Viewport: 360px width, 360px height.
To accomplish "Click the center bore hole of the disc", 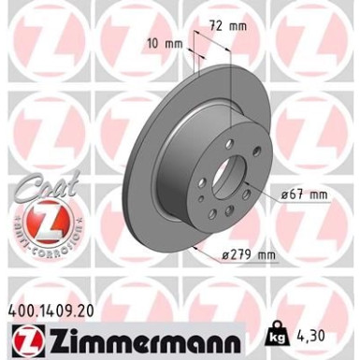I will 226,177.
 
